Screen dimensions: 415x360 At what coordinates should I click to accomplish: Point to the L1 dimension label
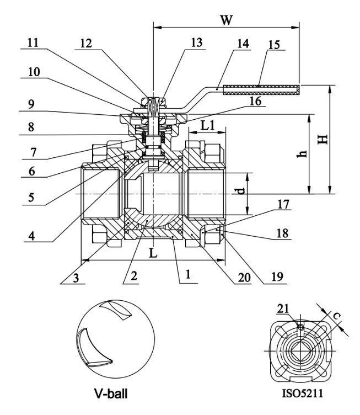(207, 125)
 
